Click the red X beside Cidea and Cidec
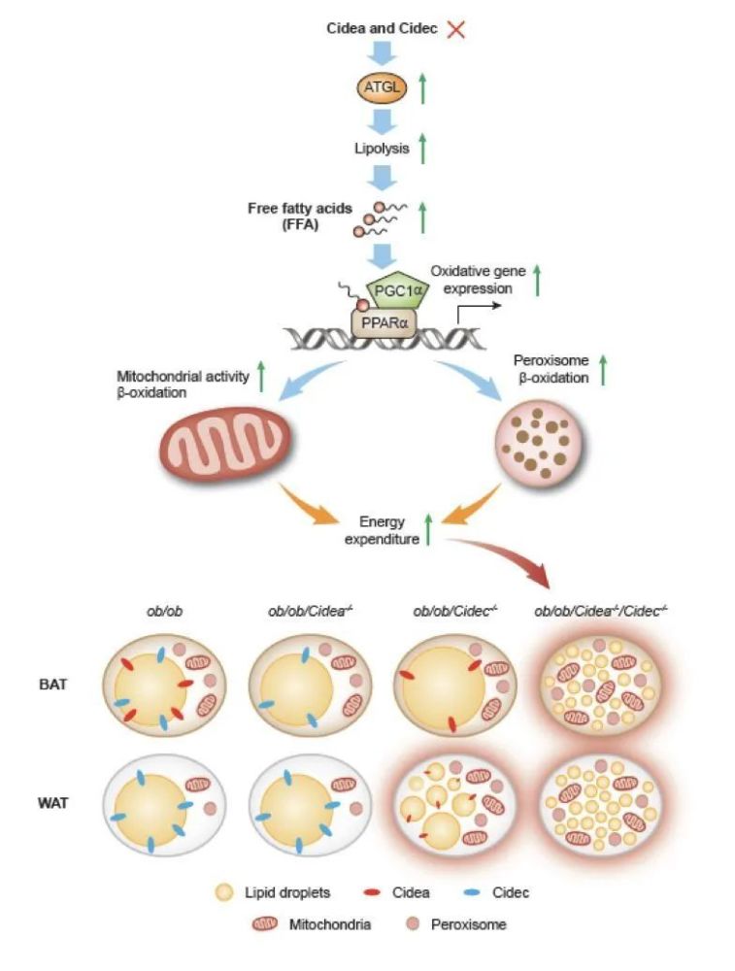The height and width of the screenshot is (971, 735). pos(455,28)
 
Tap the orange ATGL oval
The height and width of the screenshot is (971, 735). pos(382,88)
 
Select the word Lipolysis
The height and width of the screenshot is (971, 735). pos(382,149)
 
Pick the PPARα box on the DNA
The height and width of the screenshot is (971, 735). pos(384,322)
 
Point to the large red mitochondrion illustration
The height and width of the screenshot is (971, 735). pos(226,444)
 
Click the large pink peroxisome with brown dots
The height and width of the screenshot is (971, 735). pos(538,444)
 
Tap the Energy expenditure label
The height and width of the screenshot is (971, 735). pos(382,531)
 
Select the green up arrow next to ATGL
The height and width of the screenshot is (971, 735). pos(423,88)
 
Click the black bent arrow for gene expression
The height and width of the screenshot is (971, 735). pos(474,309)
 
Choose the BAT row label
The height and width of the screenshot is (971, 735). pos(52,685)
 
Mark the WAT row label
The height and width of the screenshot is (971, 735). pos(52,803)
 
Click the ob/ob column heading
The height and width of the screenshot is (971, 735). pos(165,611)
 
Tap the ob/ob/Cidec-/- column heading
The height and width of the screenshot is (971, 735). pos(455,611)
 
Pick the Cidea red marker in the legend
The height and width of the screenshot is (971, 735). pos(372,893)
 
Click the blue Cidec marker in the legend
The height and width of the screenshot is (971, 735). pos(473,893)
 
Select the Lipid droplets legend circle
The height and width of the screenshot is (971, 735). pos(224,893)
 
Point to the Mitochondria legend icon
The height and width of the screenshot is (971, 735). pos(265,924)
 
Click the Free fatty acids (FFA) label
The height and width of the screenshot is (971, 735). pos(300,217)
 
